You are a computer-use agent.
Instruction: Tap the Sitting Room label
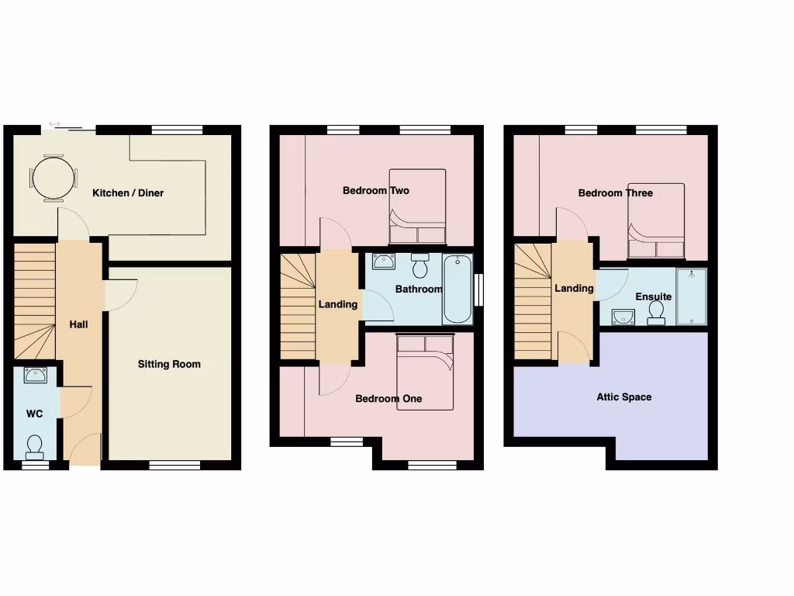tap(169, 364)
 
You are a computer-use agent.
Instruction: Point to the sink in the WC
tap(35, 376)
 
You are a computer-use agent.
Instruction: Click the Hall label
tap(78, 324)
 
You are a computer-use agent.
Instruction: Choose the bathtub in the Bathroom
tap(457, 289)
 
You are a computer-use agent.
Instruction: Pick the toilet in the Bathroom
tap(421, 266)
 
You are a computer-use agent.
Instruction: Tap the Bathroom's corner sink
tap(384, 262)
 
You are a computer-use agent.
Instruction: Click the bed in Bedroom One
tap(424, 371)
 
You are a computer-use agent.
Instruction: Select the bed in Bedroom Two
tap(417, 206)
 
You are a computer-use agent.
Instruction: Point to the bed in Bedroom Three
tap(656, 220)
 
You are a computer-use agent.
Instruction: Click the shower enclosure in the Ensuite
tap(691, 296)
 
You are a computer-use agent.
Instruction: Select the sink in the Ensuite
tap(623, 316)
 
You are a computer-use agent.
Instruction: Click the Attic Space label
tap(623, 397)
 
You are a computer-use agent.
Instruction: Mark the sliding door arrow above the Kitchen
tap(55, 123)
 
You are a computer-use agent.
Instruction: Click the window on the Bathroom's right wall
tap(478, 290)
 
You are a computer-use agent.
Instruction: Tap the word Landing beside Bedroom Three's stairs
tap(574, 289)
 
